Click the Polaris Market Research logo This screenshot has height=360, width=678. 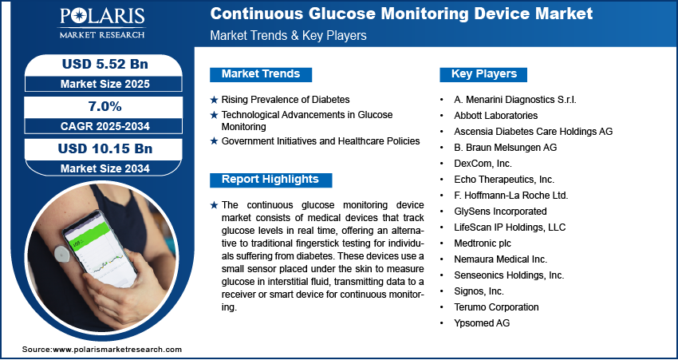tap(102, 22)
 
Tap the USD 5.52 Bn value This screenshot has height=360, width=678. tap(105, 65)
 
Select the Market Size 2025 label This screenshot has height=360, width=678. tap(105, 84)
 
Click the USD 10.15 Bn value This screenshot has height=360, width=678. tap(105, 148)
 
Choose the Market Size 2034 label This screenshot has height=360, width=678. tap(105, 168)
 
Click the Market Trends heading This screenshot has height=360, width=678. tap(261, 74)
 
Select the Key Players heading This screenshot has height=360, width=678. tap(484, 74)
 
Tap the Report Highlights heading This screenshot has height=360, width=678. tap(270, 180)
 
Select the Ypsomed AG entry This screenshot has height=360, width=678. tap(482, 323)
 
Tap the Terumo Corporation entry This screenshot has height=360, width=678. tap(496, 307)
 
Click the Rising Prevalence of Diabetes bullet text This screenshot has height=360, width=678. tap(286, 100)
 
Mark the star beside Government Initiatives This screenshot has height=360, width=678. tap(214, 141)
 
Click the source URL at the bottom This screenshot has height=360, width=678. tap(102, 350)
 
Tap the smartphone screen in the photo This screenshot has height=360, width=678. tap(101, 248)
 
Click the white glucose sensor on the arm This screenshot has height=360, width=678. tap(63, 253)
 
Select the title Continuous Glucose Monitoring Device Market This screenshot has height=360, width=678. tap(401, 14)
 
